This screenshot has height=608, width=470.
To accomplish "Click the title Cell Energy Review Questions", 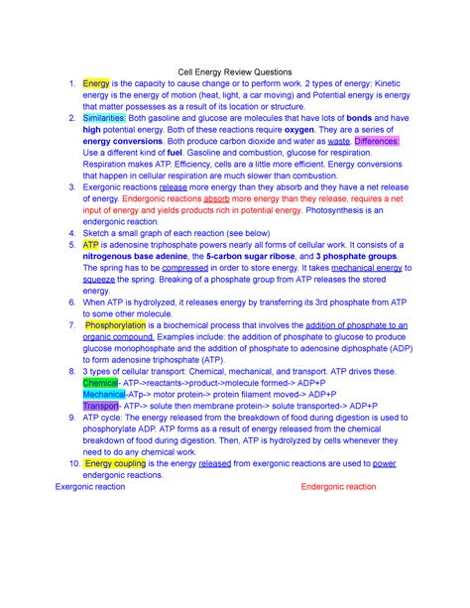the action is pyautogui.click(x=234, y=71).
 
